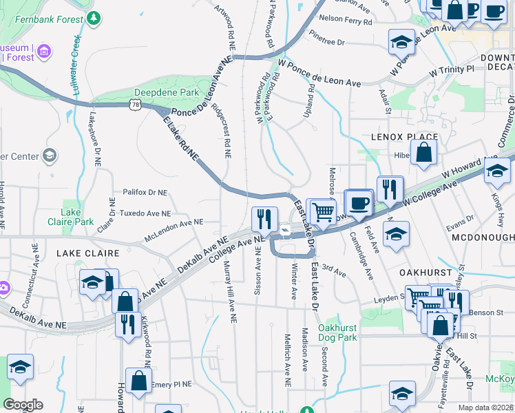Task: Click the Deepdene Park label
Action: point(167,92)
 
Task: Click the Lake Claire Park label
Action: point(71,217)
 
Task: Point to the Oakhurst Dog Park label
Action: point(337,333)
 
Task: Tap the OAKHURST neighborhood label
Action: point(425,273)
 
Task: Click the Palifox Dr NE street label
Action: point(145,193)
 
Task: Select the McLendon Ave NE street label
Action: point(174,230)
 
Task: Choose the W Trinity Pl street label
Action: point(451,70)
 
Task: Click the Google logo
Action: point(23,404)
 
